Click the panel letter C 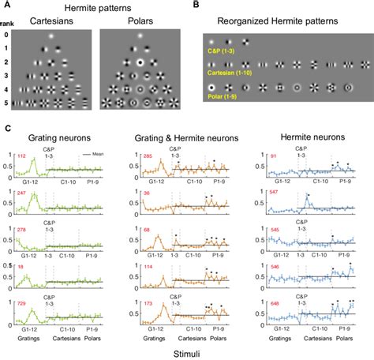click(7, 126)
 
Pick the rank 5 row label click(6, 102)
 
